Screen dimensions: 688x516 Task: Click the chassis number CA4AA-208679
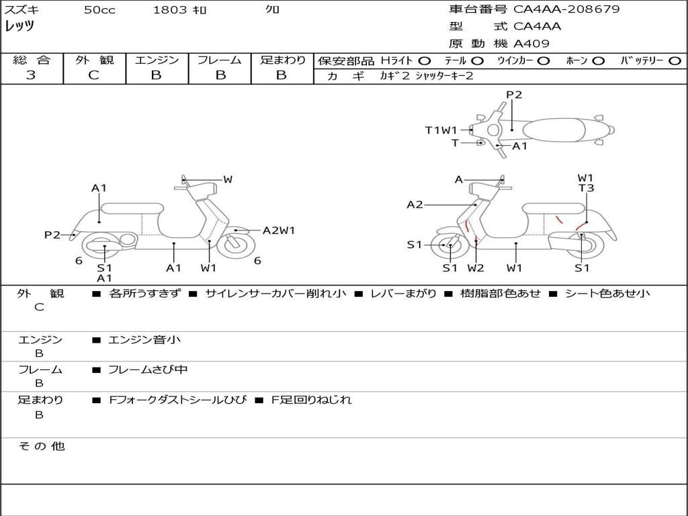566,9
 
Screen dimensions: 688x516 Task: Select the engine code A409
531,44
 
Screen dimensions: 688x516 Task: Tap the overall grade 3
31,75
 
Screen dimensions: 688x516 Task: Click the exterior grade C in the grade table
94,75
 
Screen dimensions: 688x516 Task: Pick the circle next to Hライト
425,61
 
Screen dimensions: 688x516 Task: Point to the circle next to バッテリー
675,61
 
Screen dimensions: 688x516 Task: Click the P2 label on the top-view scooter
514,95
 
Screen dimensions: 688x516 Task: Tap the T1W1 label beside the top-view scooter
441,130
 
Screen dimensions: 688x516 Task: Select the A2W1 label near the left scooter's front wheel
279,230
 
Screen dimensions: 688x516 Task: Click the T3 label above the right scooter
586,188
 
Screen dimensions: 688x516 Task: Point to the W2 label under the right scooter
476,268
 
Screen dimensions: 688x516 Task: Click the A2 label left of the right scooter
415,204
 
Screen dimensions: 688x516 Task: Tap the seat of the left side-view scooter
132,208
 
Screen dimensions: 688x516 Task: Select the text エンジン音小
144,339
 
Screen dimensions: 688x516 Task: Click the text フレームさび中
148,370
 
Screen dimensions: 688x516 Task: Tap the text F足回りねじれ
311,400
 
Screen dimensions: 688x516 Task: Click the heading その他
42,446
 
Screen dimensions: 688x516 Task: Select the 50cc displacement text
99,9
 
